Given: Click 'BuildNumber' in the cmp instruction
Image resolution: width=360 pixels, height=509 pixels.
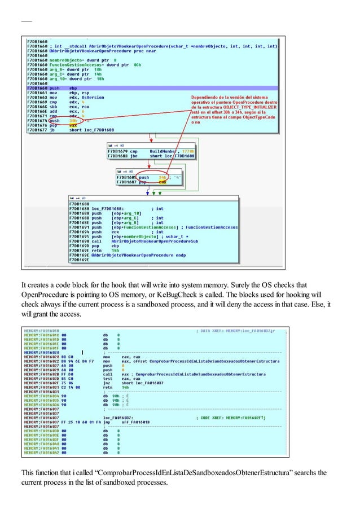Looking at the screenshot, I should point(164,151).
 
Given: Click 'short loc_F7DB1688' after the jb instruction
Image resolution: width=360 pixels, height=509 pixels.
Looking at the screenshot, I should point(91,130).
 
